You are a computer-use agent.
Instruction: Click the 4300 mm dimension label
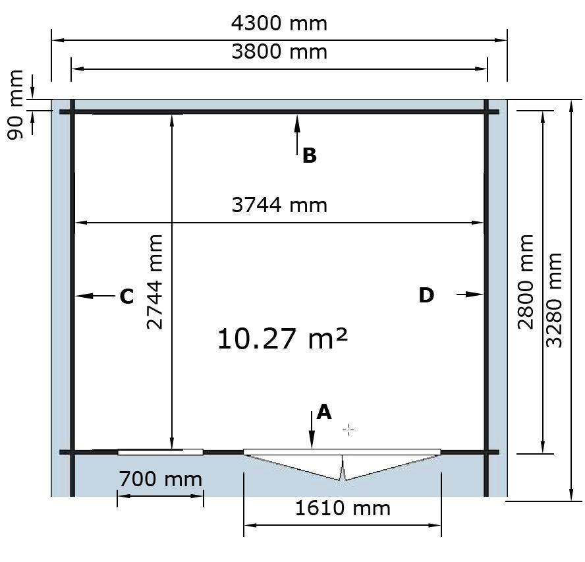point(279,24)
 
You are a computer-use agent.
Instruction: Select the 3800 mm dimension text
point(279,52)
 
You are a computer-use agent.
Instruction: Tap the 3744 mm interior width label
point(279,206)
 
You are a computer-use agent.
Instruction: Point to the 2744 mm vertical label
point(154,282)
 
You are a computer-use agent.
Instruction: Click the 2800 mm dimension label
point(526,282)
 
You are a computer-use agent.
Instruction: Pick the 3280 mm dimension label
point(553,300)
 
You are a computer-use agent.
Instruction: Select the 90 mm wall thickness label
point(15,105)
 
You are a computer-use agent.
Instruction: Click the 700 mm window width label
point(161,480)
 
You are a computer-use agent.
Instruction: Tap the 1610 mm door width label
point(343,508)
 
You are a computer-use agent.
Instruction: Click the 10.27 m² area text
point(283,339)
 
